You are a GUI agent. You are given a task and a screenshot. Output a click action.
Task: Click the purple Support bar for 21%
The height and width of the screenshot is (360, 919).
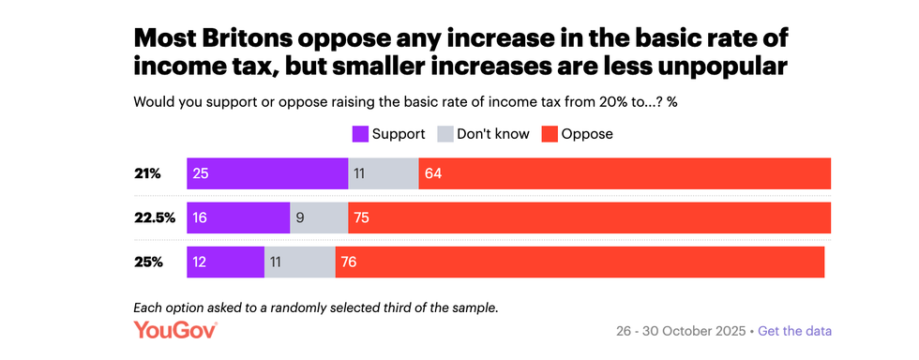coord(267,173)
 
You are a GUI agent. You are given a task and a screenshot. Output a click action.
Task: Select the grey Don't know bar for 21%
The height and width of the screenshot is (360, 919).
coord(384,173)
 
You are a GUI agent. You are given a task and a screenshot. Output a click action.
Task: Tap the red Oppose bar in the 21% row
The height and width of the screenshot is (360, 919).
coord(625,173)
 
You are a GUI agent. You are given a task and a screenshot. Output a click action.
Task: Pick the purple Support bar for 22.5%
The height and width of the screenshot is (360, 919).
coord(238,217)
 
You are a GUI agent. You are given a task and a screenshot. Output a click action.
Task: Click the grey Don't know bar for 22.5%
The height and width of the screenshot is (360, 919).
coord(319,217)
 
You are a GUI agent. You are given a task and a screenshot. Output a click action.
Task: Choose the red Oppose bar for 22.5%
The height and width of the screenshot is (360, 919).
coord(589,217)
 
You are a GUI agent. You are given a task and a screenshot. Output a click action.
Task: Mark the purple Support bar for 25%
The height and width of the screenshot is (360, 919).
coord(226,262)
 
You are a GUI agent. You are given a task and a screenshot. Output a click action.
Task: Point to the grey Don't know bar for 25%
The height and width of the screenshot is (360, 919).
coord(300,262)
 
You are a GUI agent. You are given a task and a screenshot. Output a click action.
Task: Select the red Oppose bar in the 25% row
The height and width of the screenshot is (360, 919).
coord(580,262)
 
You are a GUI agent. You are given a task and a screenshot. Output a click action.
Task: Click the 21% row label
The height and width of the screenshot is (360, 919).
coord(147,173)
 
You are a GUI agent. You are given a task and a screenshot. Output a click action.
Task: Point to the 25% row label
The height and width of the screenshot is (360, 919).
coord(147,262)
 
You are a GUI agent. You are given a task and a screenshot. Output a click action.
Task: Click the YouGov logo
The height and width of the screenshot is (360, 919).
coord(175,330)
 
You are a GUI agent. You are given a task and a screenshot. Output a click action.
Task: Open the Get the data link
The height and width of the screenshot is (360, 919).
coord(794,331)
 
